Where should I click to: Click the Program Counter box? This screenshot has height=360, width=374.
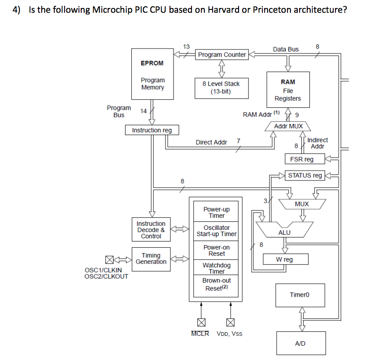(222, 55)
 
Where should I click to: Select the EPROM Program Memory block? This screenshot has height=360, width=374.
(152, 74)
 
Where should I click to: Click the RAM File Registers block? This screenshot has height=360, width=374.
(288, 90)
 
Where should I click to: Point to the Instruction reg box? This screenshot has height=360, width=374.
(152, 130)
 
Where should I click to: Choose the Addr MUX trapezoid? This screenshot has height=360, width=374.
(288, 127)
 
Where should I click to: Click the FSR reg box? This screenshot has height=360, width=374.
(302, 159)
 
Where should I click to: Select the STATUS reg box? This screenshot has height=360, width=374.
(305, 176)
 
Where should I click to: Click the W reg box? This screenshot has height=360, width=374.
(285, 259)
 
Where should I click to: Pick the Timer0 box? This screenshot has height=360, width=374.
(300, 295)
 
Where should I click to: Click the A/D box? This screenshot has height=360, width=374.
(300, 343)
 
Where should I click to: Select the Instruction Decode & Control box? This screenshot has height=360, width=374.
(151, 230)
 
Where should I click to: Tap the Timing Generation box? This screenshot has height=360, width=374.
(151, 259)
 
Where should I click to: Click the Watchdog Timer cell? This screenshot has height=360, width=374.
(217, 268)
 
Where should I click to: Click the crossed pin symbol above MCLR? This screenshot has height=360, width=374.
(201, 322)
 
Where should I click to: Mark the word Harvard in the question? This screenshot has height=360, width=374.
(226, 10)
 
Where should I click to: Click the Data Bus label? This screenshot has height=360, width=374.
(286, 49)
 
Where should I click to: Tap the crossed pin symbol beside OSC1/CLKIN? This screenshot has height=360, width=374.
(109, 259)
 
